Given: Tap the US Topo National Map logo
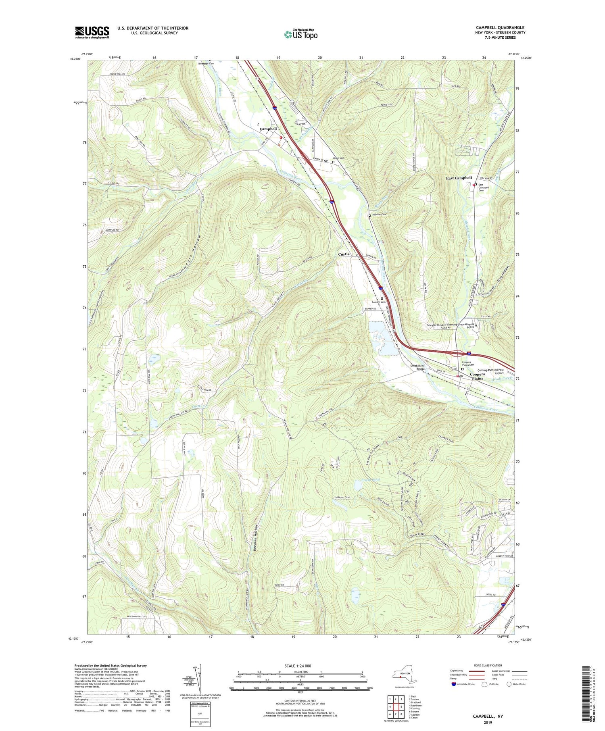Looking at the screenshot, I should pos(300,35).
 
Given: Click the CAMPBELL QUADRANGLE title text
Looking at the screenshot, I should pos(500,27).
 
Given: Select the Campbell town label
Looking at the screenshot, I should pos(268,129).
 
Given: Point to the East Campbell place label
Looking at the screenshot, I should pos(459,178).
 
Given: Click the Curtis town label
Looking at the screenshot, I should pos(344,254).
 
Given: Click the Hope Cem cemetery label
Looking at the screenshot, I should pos(338,158).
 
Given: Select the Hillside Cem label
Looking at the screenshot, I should pos(379,215).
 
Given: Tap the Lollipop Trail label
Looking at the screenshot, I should pos(342,498).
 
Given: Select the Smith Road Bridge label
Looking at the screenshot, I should pos(418,367).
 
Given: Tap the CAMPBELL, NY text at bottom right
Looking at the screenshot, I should pos(488,716).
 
